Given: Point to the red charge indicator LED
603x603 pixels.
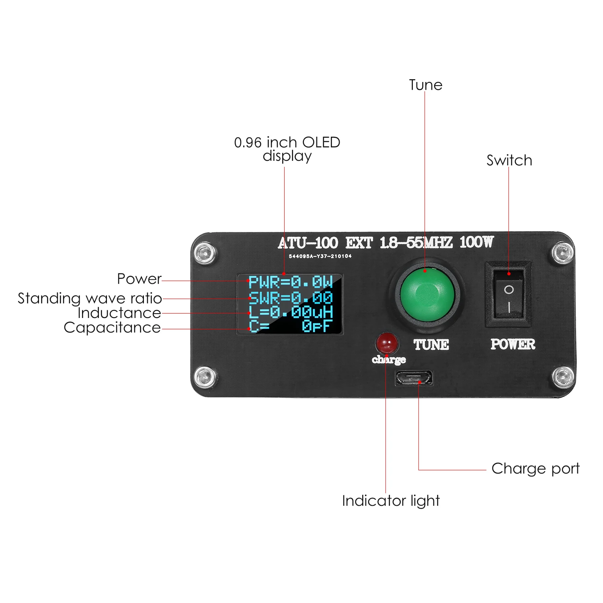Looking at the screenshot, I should [x=386, y=343].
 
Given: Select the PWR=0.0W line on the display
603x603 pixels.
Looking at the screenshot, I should [x=290, y=282].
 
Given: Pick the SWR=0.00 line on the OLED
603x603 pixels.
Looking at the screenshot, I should [x=290, y=298].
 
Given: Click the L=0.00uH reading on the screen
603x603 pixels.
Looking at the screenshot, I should [x=290, y=312].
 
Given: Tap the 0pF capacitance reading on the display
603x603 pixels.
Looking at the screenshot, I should [x=317, y=326].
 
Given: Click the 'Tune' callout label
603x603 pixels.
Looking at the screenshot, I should [x=425, y=85].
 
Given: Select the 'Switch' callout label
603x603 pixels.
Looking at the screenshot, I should [x=509, y=160].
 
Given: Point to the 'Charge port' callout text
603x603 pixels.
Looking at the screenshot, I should [x=535, y=469].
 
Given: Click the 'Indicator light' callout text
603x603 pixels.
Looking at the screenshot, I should [x=391, y=501].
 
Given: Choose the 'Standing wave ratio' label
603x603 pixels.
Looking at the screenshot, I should [x=90, y=298].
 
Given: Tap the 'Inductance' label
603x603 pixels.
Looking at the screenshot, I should [x=119, y=313].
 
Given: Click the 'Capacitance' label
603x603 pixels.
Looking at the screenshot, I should [x=112, y=328].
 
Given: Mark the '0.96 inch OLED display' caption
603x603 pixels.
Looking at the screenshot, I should [x=287, y=149].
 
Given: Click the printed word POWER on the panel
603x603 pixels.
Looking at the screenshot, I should [x=513, y=344].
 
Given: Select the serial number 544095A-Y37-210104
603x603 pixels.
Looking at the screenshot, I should [x=320, y=256].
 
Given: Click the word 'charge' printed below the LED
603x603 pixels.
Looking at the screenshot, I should [x=389, y=359].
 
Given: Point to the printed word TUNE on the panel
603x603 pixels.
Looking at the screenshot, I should [x=431, y=345].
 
